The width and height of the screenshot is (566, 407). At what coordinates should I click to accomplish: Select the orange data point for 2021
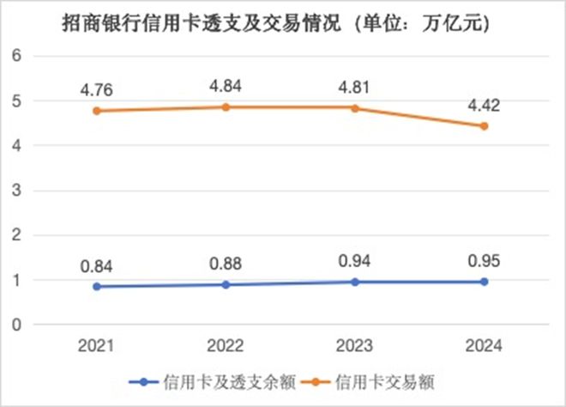(97, 111)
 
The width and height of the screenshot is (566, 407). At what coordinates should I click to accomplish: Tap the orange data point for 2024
(484, 126)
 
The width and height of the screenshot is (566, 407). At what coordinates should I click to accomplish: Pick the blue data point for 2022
(226, 284)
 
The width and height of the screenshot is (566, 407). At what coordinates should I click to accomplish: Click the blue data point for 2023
(354, 282)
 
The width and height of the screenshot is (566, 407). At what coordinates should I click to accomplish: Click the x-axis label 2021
(97, 345)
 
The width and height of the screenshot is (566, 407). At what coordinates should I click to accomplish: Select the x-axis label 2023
(354, 345)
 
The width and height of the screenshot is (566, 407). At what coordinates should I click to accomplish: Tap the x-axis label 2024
(484, 345)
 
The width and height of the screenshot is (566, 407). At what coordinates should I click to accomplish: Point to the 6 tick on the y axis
(15, 57)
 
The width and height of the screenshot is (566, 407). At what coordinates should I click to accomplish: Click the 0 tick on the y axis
(15, 325)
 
